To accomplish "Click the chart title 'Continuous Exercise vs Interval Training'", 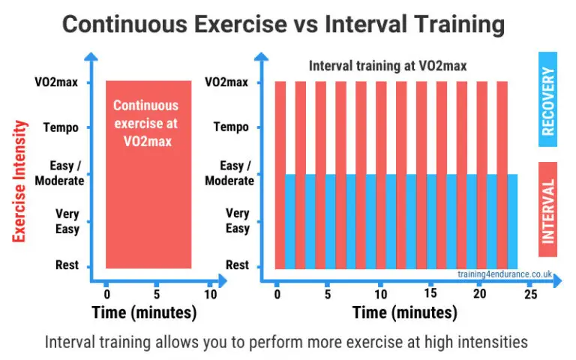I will [283, 24].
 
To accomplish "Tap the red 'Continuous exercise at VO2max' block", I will [148, 173].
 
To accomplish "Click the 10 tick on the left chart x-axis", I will [211, 294].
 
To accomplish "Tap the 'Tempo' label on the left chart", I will [61, 127].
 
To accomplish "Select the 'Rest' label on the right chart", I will [237, 265].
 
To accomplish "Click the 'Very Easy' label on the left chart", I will [67, 220].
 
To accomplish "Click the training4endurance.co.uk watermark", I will [505, 274].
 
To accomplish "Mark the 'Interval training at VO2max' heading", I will [388, 66].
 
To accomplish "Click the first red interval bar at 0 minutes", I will [280, 174].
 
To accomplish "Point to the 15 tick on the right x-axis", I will [430, 294].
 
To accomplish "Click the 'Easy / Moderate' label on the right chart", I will [229, 173].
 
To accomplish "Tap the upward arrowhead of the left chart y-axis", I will [90, 56].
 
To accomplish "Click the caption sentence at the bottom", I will [286, 342].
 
